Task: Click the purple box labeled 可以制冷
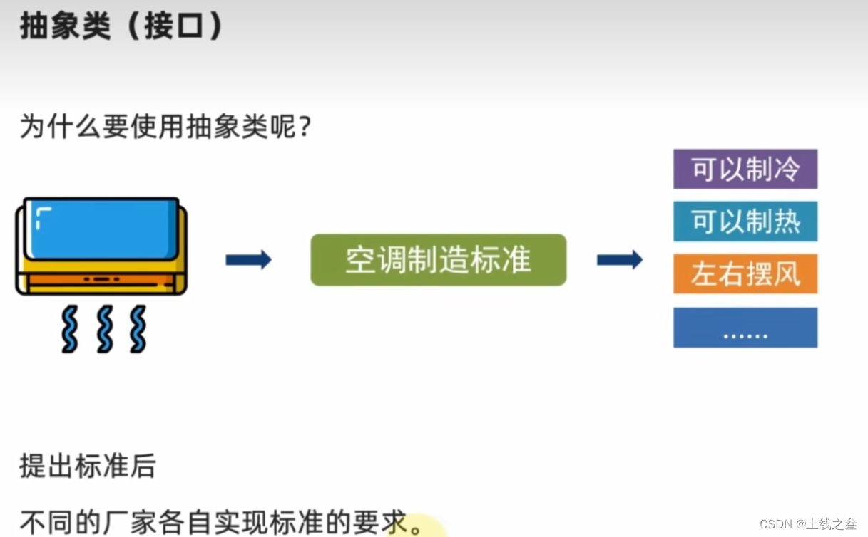[745, 169]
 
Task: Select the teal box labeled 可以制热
[745, 221]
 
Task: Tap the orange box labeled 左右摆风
[745, 274]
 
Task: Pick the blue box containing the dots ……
[745, 328]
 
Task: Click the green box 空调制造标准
[438, 260]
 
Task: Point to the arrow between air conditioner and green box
[248, 260]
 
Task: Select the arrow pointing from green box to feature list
[619, 260]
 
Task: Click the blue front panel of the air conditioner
[101, 228]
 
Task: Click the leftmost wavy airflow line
[69, 329]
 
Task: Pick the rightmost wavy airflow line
[138, 329]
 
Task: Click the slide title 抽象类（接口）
[121, 27]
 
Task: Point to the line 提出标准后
[87, 466]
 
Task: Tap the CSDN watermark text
[808, 524]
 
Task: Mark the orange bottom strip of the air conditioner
[101, 279]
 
